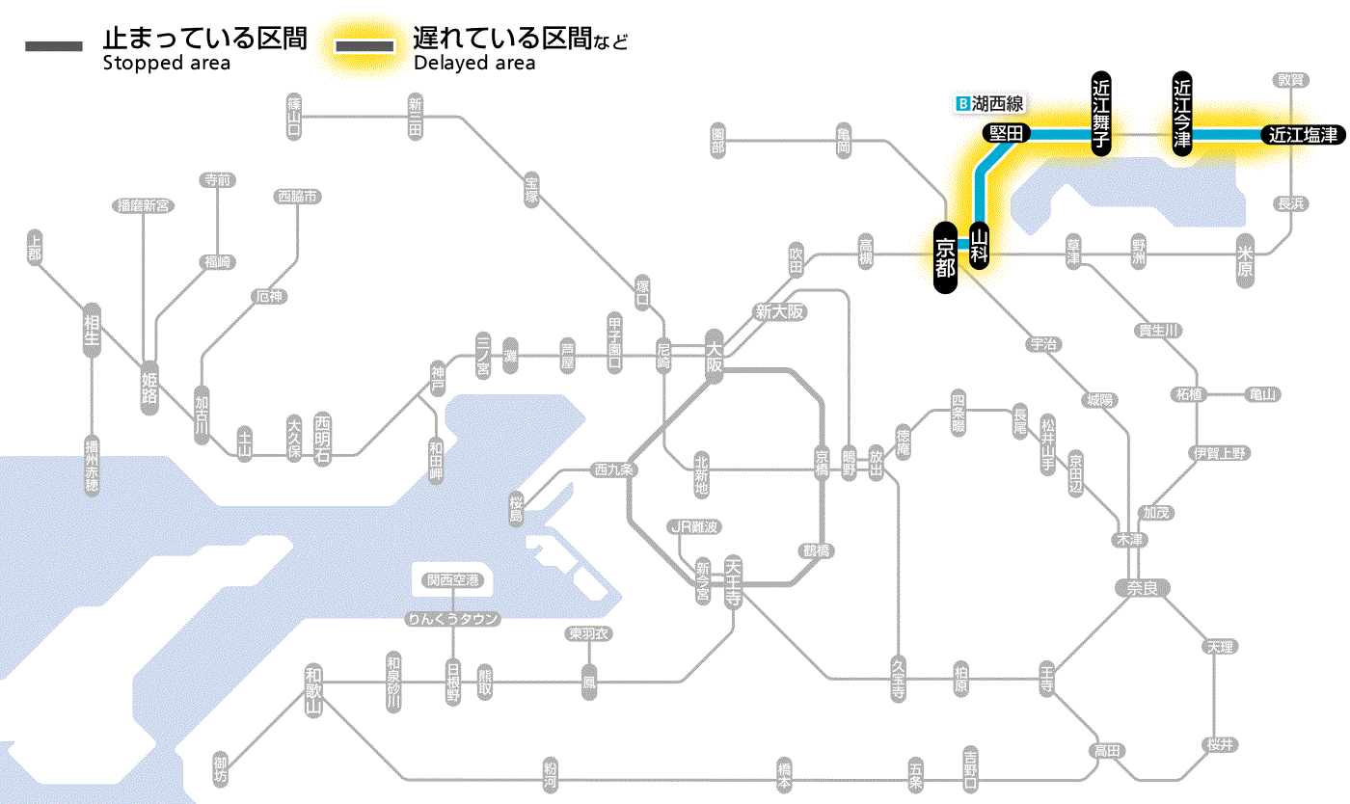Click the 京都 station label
946,256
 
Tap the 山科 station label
980,246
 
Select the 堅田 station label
1006,134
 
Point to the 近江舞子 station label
1101,113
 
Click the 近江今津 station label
1182,113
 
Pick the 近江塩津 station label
1303,135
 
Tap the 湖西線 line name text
998,102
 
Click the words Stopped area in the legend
166,64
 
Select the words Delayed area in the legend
474,64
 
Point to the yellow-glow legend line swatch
364,46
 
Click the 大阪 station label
715,358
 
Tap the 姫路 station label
149,386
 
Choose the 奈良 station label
1142,587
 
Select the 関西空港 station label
452,580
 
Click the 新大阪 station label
778,312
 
